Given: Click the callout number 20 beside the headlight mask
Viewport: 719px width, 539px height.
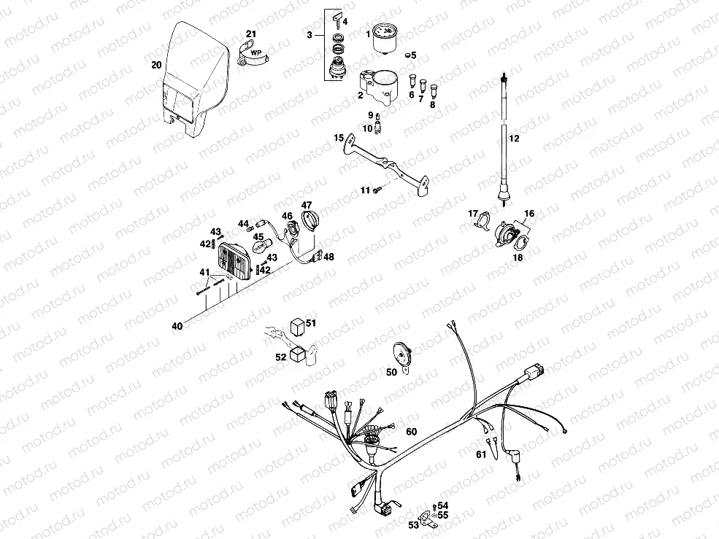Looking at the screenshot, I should (156, 65).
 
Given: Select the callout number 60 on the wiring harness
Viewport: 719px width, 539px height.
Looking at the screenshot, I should (412, 432).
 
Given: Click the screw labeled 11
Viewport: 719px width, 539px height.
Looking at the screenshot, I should (376, 190).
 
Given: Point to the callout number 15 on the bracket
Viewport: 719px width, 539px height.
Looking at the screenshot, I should (339, 137).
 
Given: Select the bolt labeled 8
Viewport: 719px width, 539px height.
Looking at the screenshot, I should (436, 91).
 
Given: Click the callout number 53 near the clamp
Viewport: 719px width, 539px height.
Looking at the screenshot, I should (413, 524).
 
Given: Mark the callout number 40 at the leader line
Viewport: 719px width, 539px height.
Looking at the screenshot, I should (177, 326).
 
